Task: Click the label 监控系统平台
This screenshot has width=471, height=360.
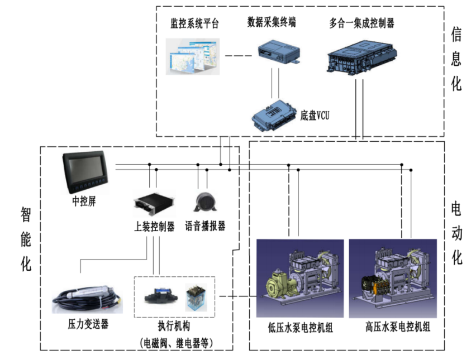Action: (194, 24)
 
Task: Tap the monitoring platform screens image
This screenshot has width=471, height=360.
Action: (193, 56)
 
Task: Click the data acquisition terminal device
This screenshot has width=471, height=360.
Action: (278, 54)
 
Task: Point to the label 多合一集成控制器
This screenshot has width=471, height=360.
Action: (361, 23)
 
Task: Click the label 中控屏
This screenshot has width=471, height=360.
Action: (84, 201)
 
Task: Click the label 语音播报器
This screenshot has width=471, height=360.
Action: (205, 226)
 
